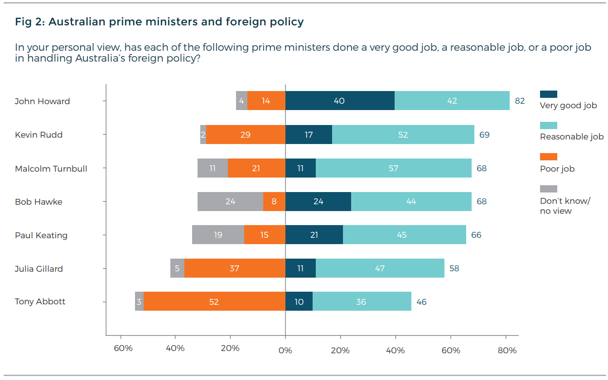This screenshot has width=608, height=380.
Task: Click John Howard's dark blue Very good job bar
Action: pyautogui.click(x=340, y=101)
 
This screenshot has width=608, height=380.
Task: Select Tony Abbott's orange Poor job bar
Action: pyautogui.click(x=214, y=301)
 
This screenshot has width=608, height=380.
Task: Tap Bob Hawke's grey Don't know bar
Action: pyautogui.click(x=230, y=201)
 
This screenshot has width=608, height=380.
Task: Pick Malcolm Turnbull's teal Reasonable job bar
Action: pyautogui.click(x=393, y=168)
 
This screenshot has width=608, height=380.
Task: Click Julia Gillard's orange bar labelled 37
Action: pyautogui.click(x=234, y=268)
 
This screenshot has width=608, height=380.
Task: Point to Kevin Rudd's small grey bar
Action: pyautogui.click(x=203, y=135)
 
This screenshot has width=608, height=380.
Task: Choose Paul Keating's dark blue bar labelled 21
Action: pyautogui.click(x=314, y=235)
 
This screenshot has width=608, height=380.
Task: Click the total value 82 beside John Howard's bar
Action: pyautogui.click(x=520, y=101)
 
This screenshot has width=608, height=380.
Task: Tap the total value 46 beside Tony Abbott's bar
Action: pyautogui.click(x=421, y=301)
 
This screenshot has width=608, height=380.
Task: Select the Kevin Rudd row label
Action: pyautogui.click(x=39, y=135)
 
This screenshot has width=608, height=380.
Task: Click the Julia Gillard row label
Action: pyautogui.click(x=39, y=269)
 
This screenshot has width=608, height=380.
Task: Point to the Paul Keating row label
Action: pyautogui.click(x=41, y=235)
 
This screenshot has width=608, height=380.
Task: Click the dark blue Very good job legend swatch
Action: pyautogui.click(x=548, y=94)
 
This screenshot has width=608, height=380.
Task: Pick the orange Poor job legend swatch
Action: pyautogui.click(x=548, y=157)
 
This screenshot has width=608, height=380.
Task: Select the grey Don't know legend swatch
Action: pyautogui.click(x=548, y=189)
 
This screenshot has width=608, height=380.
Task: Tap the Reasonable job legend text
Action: pyautogui.click(x=572, y=136)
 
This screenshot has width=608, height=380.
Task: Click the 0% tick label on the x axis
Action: pyautogui.click(x=285, y=350)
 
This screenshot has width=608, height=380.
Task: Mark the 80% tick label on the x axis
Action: pyautogui.click(x=507, y=350)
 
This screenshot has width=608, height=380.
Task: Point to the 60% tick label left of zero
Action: pyautogui.click(x=123, y=348)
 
